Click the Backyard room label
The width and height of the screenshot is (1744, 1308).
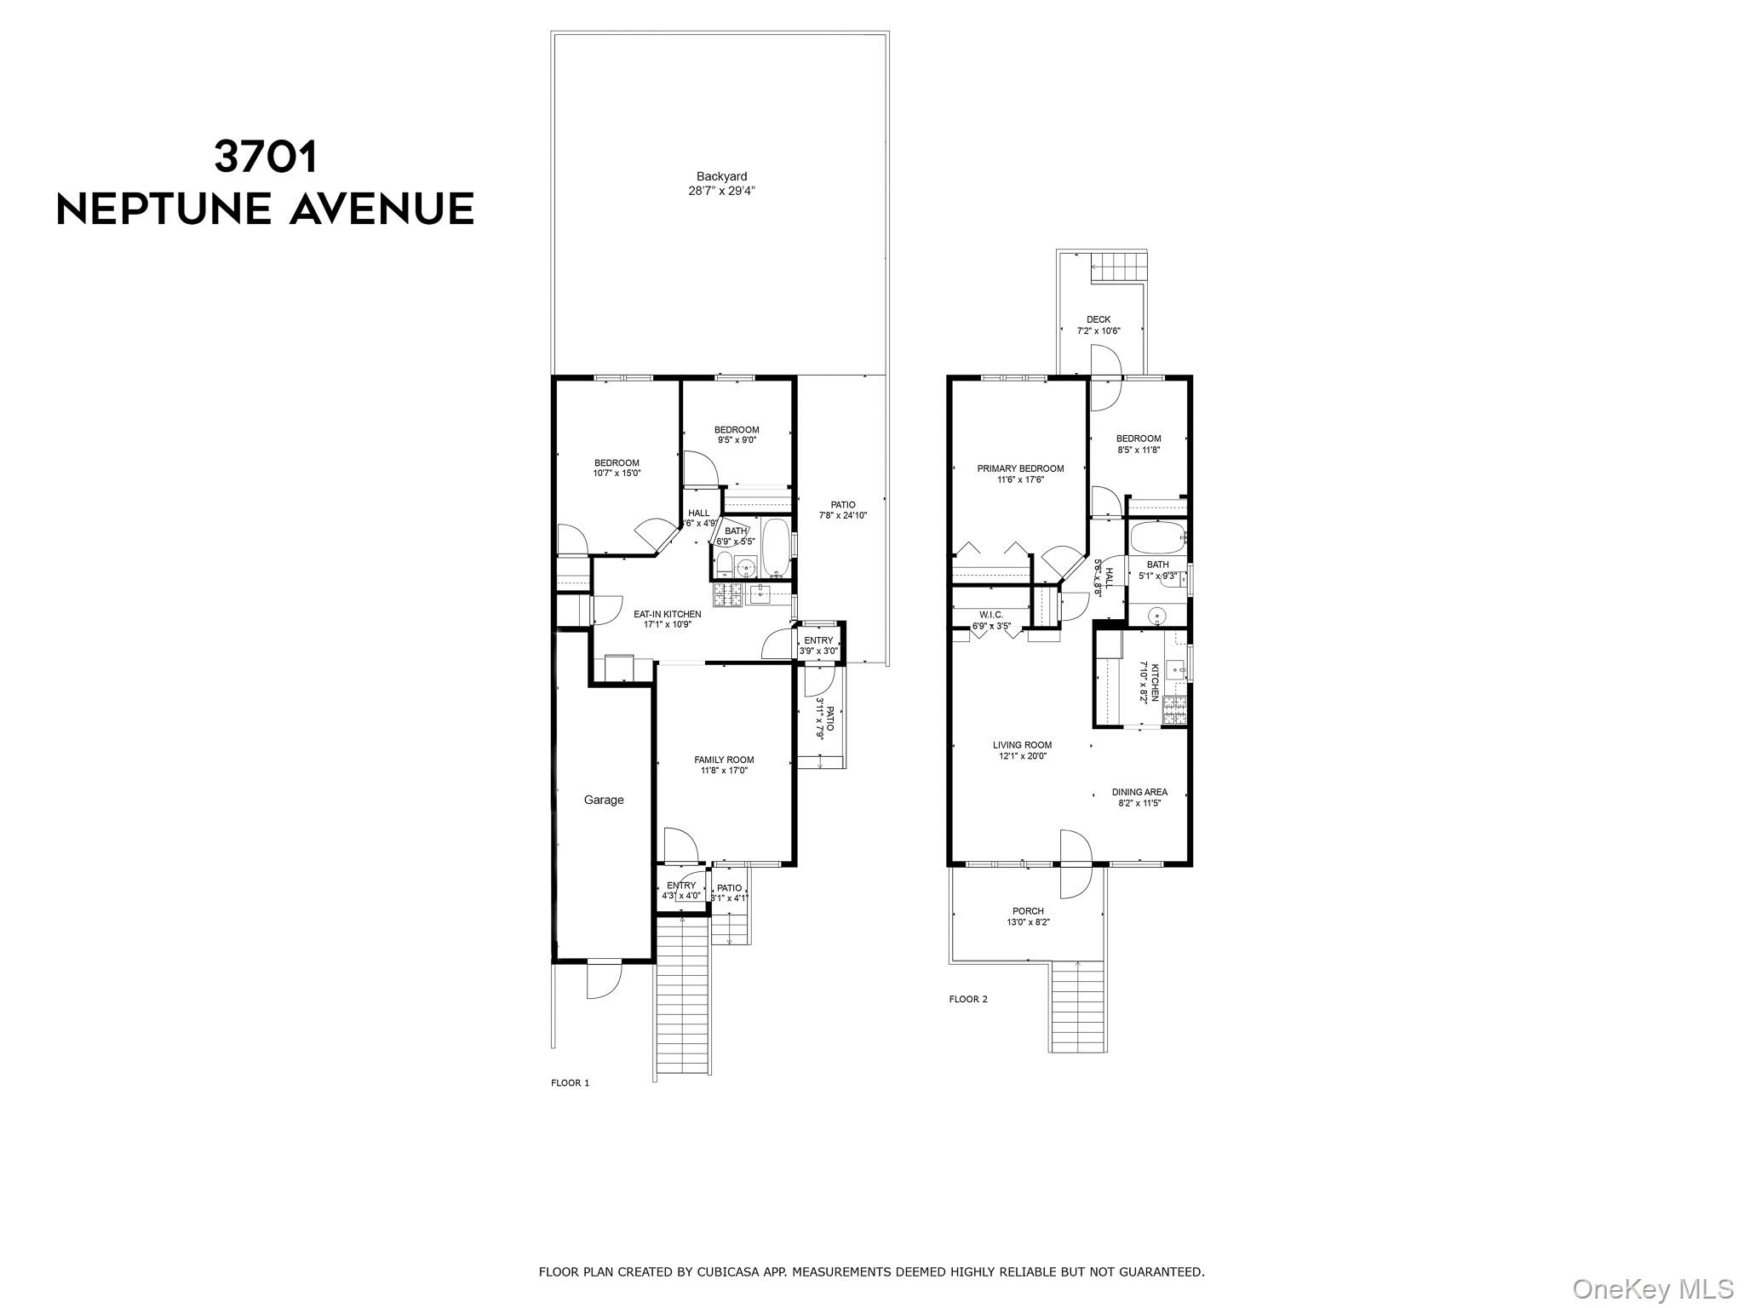[721, 177]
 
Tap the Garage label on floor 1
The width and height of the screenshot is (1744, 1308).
[604, 800]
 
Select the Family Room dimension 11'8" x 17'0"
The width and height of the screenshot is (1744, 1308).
[724, 771]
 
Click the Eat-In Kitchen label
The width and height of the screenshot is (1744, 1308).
[668, 614]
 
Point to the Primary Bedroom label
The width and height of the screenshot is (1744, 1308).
[1020, 468]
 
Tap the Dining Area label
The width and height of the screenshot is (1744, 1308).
[1139, 792]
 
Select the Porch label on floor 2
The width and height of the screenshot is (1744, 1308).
[1028, 911]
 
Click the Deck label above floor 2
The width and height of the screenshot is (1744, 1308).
[1099, 319]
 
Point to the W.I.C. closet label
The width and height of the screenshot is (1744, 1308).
[991, 615]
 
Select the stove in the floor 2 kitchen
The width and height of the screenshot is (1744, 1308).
[1175, 709]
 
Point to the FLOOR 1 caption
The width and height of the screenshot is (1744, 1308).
[571, 1083]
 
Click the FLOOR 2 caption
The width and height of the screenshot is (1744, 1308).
[968, 999]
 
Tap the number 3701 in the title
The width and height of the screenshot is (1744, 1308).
[266, 156]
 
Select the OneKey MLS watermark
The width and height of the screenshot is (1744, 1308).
[1652, 1288]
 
